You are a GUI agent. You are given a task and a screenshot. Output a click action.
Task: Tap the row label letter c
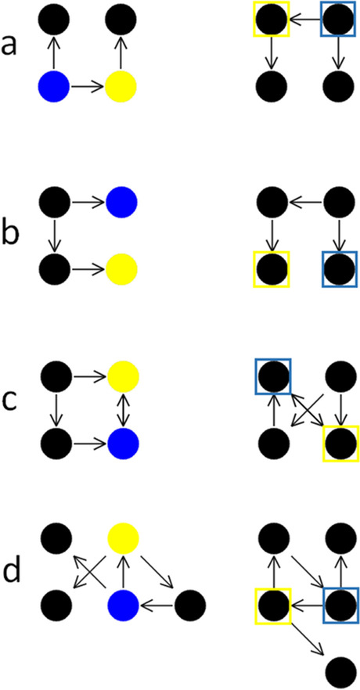click(10, 408)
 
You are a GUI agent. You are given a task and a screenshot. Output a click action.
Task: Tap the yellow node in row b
click(122, 269)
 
